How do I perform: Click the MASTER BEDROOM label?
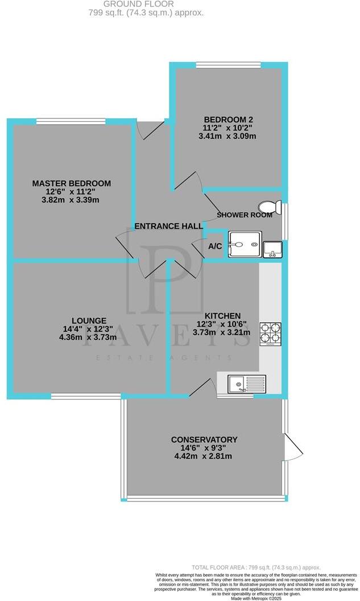click(71, 183)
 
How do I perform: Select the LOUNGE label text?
click(89, 320)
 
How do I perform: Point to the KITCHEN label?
click(222, 316)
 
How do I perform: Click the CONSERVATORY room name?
click(204, 439)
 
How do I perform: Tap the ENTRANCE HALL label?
click(168, 227)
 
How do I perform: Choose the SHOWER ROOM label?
click(245, 215)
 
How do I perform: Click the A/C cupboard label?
click(215, 246)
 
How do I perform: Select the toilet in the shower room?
click(267, 207)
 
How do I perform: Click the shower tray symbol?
click(245, 245)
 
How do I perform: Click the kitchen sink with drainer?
click(246, 384)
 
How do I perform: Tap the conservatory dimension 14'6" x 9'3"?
click(204, 448)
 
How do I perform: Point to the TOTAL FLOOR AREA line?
click(256, 567)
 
